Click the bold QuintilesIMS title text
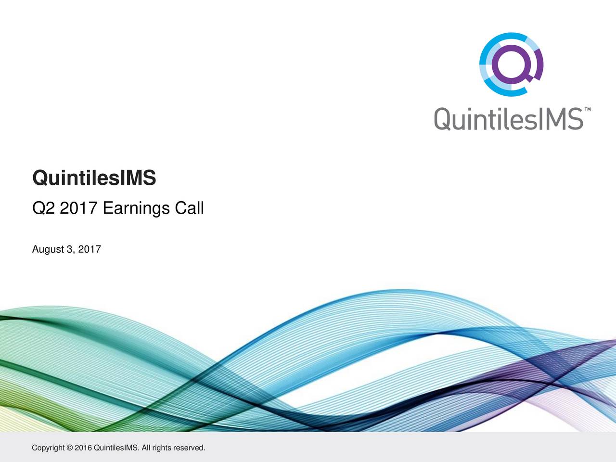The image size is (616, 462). (94, 179)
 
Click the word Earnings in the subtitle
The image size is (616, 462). (136, 208)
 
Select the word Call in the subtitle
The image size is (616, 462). (189, 208)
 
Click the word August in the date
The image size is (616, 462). (48, 249)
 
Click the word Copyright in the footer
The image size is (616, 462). (48, 448)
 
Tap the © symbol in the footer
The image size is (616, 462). (70, 448)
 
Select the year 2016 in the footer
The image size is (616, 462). (83, 448)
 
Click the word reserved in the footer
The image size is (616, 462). (189, 448)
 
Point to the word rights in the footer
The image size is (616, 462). (161, 448)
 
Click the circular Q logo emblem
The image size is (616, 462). (511, 64)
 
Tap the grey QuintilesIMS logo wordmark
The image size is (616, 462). (509, 119)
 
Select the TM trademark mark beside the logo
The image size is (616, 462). (588, 110)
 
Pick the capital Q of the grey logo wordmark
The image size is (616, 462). (443, 119)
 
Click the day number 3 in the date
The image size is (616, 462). (69, 249)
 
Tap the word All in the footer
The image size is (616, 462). (147, 448)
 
